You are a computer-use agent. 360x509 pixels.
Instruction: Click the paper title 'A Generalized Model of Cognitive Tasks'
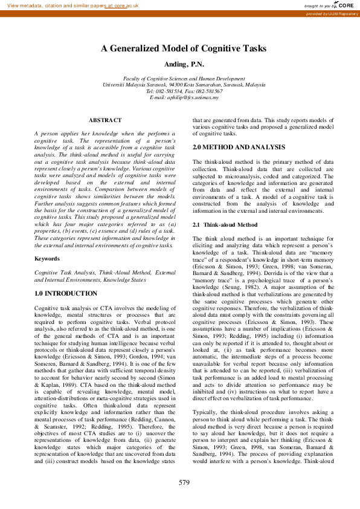tap(183, 49)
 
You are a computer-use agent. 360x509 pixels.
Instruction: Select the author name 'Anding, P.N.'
tap(183, 64)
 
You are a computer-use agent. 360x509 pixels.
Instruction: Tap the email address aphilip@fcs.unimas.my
tap(184, 97)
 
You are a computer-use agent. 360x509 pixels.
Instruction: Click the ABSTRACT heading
tap(105, 120)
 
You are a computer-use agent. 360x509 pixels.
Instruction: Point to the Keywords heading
tap(47, 258)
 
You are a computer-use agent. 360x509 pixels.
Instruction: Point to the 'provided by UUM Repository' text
tap(332, 13)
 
